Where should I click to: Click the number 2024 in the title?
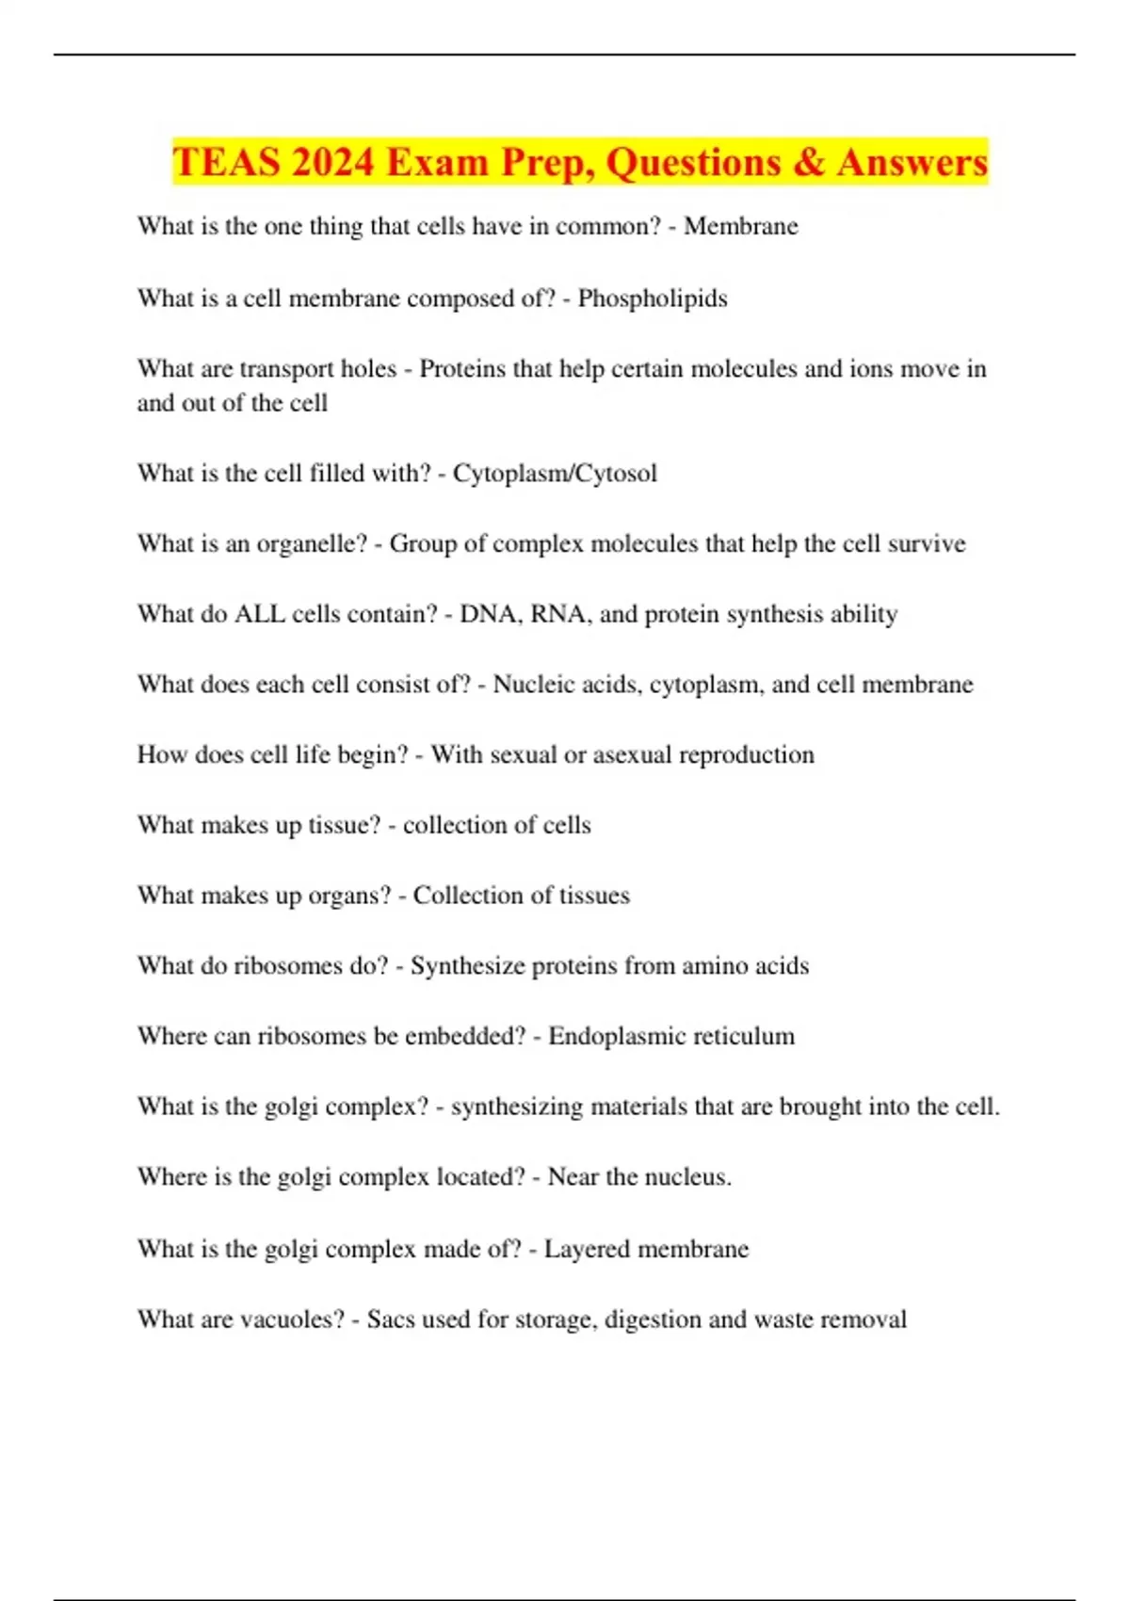point(333,162)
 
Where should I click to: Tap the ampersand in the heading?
point(808,162)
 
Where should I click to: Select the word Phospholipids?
point(652,299)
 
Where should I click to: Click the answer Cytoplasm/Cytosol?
point(555,473)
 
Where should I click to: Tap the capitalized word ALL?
point(259,614)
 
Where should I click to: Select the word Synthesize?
point(467,966)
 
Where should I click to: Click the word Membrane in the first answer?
point(740,226)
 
